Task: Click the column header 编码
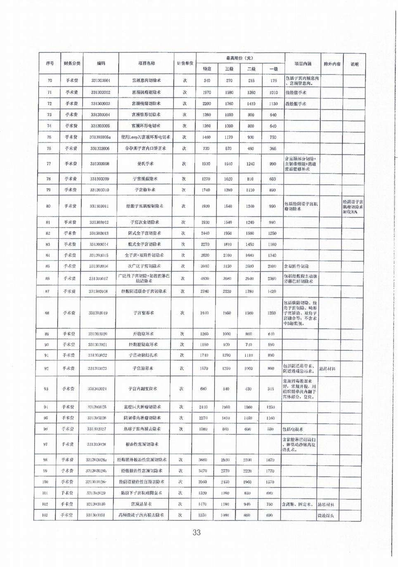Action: tap(101, 64)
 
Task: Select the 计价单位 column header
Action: tap(185, 64)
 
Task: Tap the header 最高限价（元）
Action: tap(239, 58)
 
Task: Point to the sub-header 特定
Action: tap(207, 69)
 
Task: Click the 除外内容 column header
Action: tap(332, 64)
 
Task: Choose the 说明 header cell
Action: tap(354, 64)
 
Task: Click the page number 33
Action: tap(197, 532)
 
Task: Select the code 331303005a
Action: tap(100, 137)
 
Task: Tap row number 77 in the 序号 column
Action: tap(49, 164)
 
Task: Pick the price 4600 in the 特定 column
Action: tap(205, 279)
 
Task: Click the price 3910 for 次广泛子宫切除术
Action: tap(205, 266)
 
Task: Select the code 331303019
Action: tap(98, 313)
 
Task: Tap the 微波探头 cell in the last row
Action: tap(326, 515)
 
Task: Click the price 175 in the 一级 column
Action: tap(273, 81)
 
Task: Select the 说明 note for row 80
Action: tap(353, 206)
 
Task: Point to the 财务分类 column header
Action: tap(72, 64)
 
